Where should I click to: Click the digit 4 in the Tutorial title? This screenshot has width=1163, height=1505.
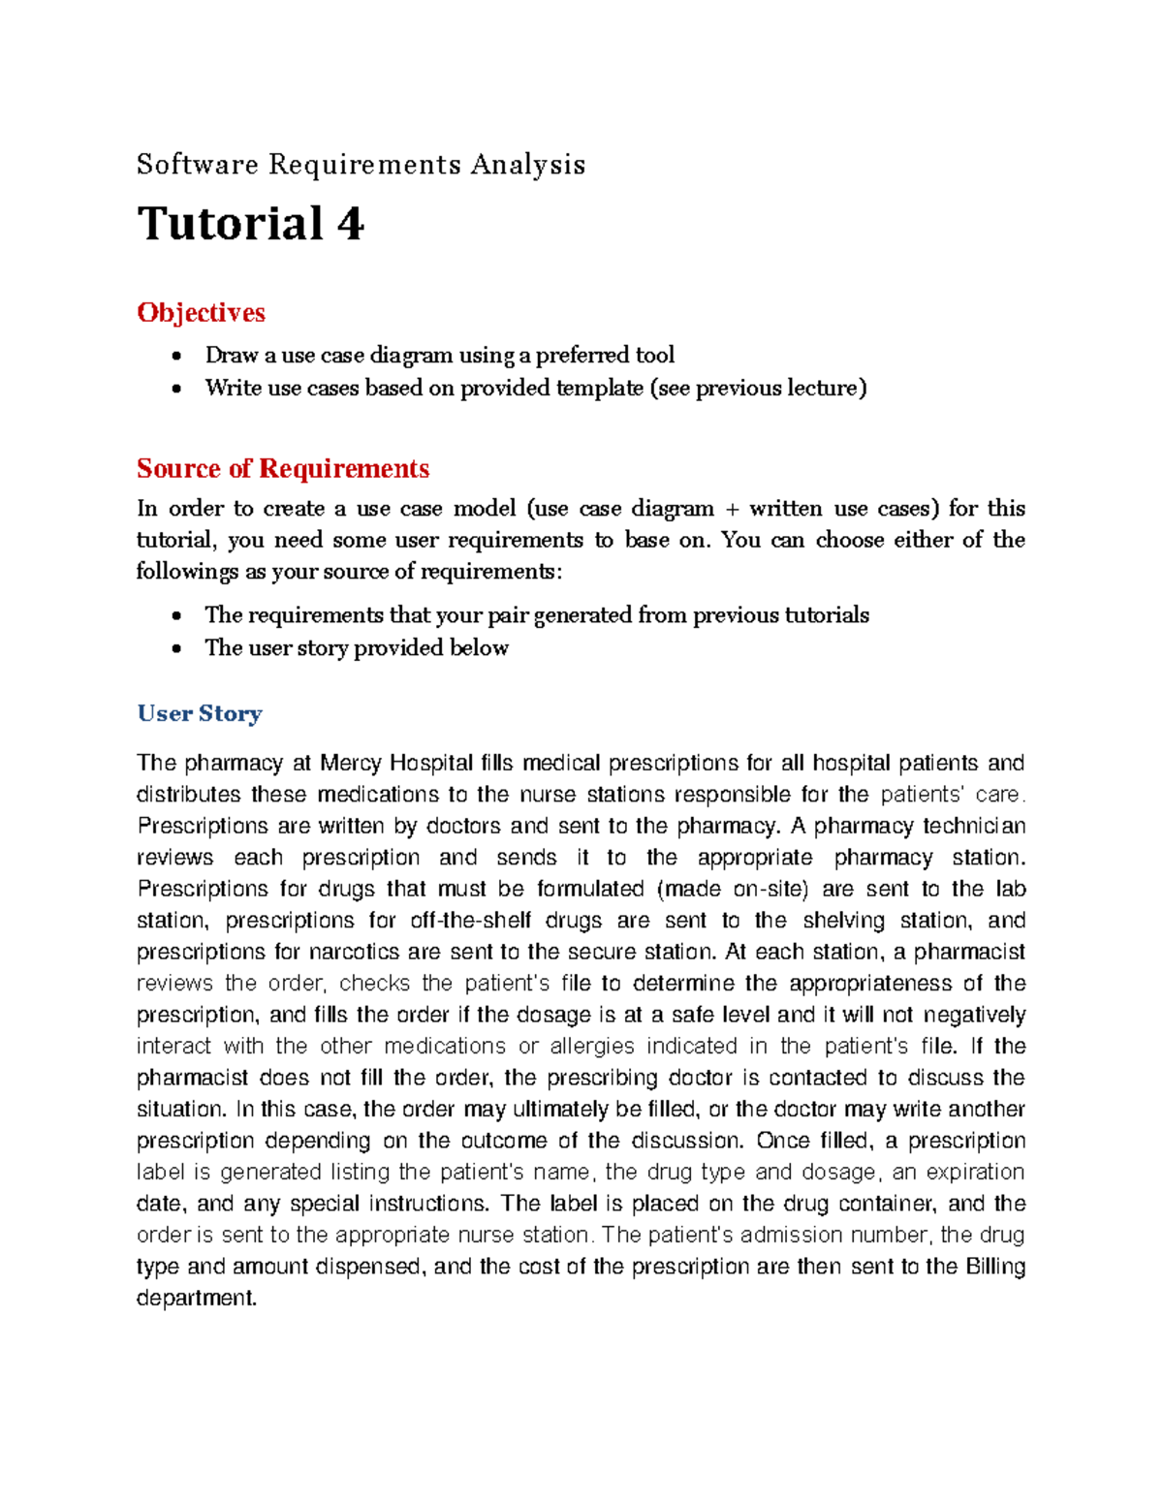coord(350,224)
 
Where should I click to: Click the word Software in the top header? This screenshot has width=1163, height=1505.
coord(198,165)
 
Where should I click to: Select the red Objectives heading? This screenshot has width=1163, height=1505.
coord(201,313)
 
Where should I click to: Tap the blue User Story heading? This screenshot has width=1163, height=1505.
coord(200,714)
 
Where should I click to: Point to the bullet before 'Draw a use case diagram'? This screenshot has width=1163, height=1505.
coord(175,357)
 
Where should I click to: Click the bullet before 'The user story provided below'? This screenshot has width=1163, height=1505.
coord(175,649)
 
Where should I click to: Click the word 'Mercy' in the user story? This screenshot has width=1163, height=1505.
coord(351,764)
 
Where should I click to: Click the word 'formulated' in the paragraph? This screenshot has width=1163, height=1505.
coord(590,890)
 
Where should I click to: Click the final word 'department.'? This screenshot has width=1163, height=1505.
coord(197,1299)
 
